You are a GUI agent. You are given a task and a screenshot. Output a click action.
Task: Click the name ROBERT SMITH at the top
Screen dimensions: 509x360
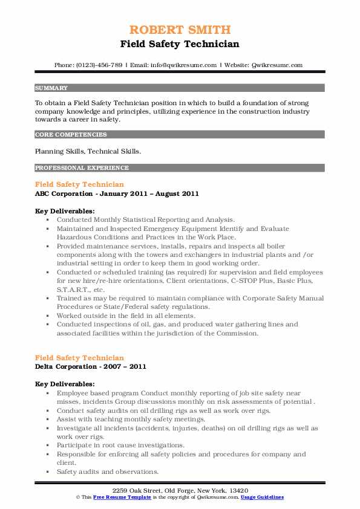point(179,30)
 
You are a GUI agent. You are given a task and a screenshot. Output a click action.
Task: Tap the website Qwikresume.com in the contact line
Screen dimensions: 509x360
point(275,65)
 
